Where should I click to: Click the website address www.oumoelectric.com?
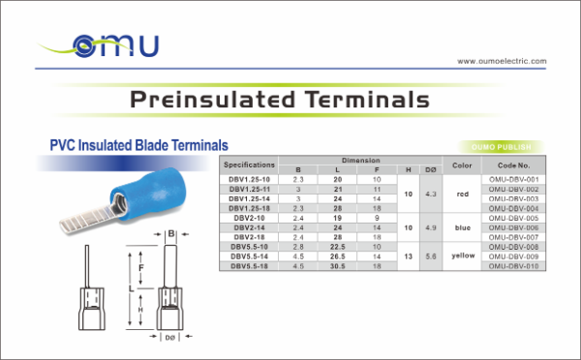(501, 60)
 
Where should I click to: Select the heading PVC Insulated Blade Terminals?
(138, 144)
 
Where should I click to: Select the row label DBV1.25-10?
(250, 180)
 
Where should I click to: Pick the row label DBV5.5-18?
(250, 265)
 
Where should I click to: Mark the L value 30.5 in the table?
(338, 265)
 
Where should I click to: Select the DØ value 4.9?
(431, 227)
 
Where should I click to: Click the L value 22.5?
(338, 247)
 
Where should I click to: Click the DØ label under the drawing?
(170, 338)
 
